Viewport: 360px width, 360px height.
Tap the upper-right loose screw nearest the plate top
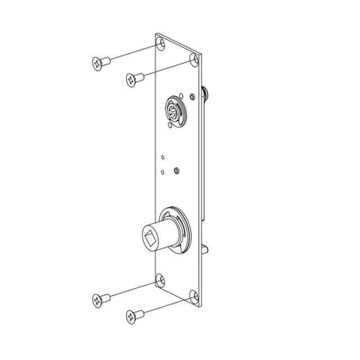[x=132, y=80]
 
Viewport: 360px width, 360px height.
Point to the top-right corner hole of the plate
[x=194, y=59]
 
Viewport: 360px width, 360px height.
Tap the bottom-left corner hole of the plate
[x=160, y=280]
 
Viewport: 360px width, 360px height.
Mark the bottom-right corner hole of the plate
[x=193, y=296]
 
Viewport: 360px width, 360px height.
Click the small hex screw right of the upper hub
[x=192, y=97]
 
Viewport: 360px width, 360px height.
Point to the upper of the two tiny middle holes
[x=162, y=157]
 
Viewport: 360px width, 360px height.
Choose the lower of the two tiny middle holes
[x=162, y=172]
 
